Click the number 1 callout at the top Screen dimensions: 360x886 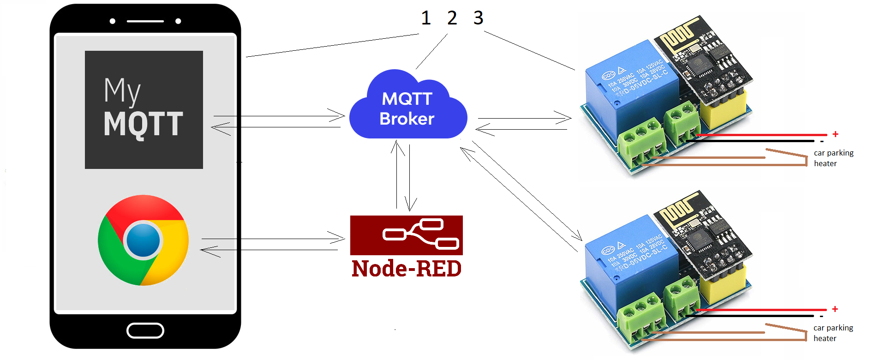(x=425, y=18)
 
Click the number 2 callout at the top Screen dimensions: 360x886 (x=452, y=18)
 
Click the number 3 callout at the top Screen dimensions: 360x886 (x=478, y=18)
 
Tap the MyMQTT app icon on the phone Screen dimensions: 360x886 (x=144, y=110)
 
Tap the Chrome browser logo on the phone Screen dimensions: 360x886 (x=143, y=240)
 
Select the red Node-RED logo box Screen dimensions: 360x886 (x=406, y=235)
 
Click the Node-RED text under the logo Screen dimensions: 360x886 (x=406, y=269)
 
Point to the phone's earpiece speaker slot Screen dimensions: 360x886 (x=145, y=21)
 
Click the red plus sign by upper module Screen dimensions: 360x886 (x=835, y=134)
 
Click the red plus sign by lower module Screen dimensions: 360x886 (x=835, y=309)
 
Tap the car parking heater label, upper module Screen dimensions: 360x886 (x=833, y=158)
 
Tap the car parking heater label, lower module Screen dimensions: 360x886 (x=832, y=333)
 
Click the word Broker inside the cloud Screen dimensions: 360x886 (x=407, y=119)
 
